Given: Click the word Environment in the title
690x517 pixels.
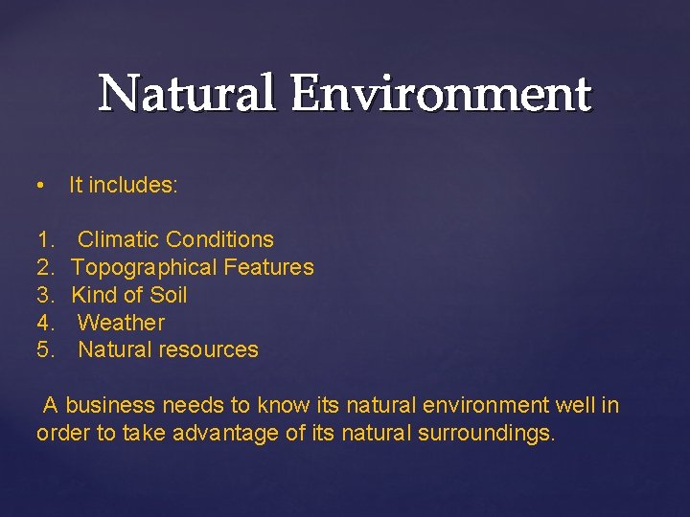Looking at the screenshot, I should click(443, 95).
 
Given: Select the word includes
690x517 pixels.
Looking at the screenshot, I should click(133, 186).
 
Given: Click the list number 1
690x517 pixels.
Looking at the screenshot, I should click(44, 239).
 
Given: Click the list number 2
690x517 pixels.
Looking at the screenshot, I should click(44, 267).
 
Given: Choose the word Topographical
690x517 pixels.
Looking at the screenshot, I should click(144, 267).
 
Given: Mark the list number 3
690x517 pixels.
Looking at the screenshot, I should click(44, 295).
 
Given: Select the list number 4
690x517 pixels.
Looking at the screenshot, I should click(44, 323).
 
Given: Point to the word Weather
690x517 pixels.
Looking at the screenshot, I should click(121, 323).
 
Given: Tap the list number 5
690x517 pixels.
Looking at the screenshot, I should click(44, 349).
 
